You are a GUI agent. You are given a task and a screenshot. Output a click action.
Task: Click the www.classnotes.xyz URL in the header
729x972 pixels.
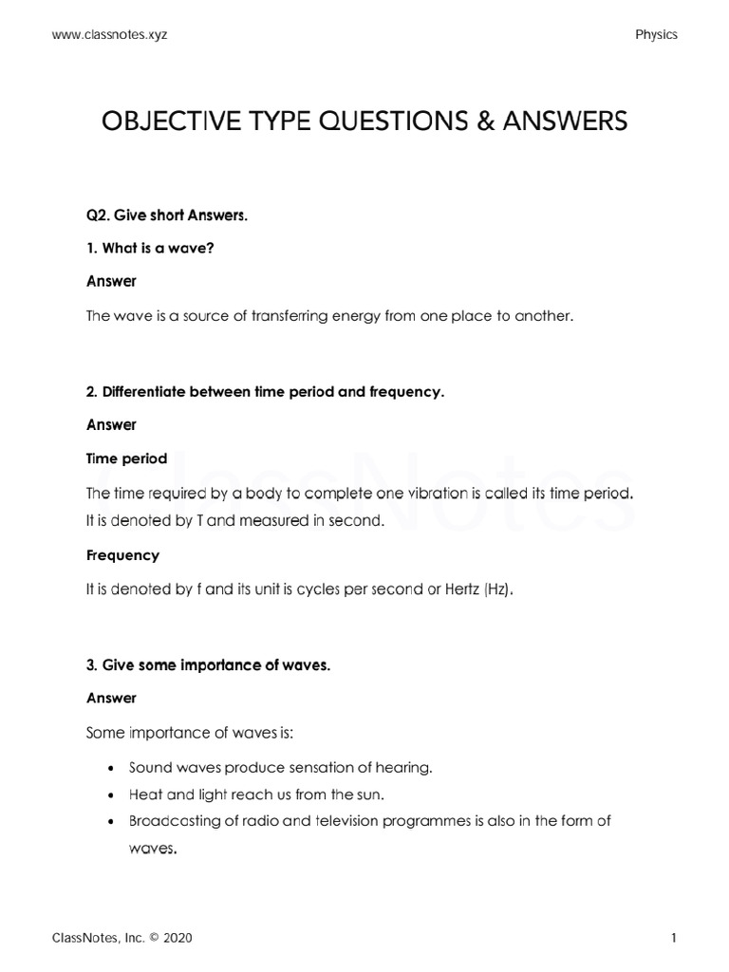(x=116, y=34)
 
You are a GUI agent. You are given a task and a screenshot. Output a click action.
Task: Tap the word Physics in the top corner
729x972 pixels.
(x=656, y=34)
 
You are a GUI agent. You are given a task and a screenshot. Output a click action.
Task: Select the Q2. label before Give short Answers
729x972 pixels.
(x=99, y=215)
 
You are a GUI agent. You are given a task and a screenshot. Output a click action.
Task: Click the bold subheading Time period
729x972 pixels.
(x=126, y=458)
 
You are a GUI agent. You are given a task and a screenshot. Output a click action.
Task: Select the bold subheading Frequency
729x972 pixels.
(x=122, y=555)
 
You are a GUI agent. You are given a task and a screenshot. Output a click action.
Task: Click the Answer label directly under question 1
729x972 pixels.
(x=111, y=281)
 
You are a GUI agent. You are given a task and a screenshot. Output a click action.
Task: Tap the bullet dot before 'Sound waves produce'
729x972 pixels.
(x=113, y=768)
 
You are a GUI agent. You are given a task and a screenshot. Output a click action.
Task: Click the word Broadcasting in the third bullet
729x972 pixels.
(x=171, y=821)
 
